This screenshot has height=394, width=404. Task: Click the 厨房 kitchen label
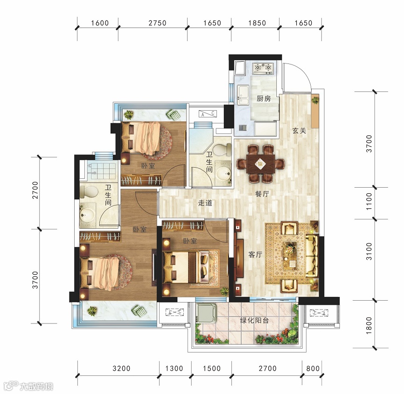264,98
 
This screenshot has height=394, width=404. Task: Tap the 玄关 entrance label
299,131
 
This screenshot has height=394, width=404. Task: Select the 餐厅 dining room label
262,194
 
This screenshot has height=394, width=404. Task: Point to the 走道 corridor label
205,203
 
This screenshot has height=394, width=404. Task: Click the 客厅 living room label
255,254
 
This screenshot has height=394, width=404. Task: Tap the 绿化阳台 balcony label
254,321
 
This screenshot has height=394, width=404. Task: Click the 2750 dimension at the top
157,23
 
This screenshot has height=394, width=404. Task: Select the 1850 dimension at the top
257,23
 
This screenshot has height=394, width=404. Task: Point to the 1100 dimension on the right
369,201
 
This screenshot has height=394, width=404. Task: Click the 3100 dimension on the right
369,252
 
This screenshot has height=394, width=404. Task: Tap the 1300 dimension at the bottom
174,368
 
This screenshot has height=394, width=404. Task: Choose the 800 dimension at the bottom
313,368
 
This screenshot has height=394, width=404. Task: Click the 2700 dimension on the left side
35,190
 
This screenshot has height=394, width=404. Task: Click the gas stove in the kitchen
263,68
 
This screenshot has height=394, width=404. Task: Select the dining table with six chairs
260,164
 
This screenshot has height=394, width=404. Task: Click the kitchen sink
243,95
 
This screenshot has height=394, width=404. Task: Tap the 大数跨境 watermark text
36,387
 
